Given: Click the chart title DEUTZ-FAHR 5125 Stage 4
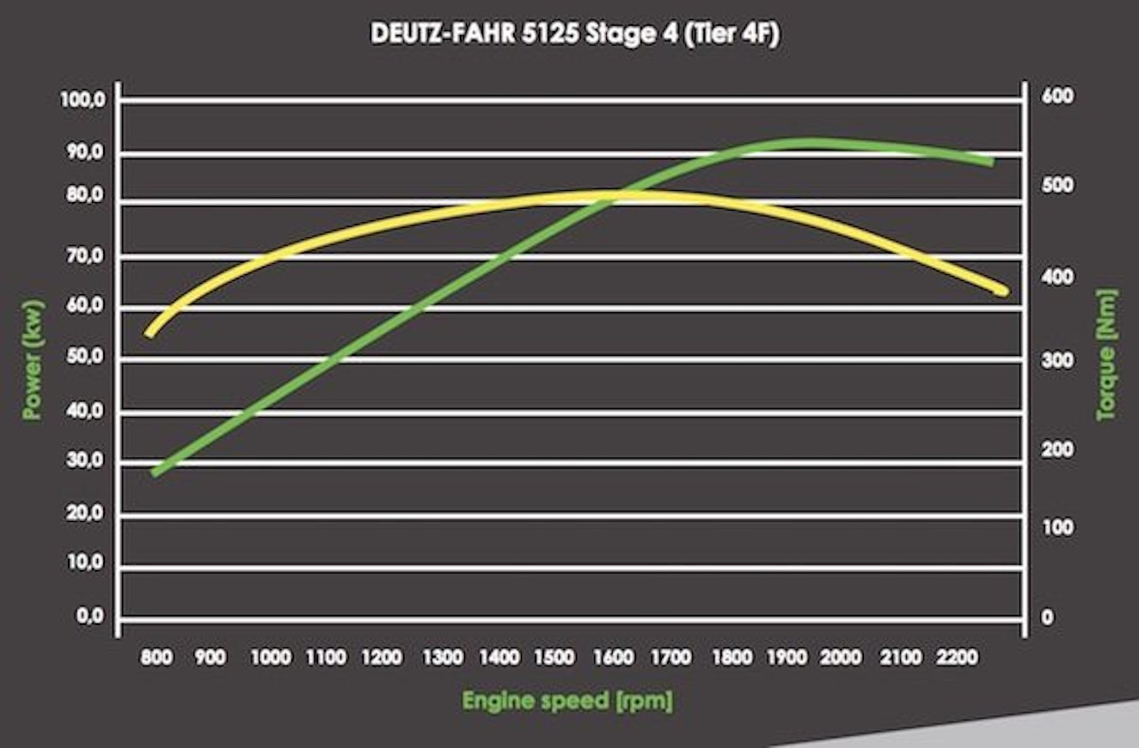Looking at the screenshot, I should click(x=575, y=35).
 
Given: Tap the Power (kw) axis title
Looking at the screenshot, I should click(x=34, y=359).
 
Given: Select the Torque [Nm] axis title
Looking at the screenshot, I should click(x=1106, y=354).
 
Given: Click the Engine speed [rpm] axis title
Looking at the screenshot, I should click(x=567, y=700).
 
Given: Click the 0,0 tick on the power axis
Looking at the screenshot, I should click(x=89, y=618).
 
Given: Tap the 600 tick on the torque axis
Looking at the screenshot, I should click(x=1059, y=96).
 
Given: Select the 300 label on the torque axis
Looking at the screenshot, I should click(x=1059, y=361).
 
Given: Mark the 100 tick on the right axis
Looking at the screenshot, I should click(x=1059, y=528).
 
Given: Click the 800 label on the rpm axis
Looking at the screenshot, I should click(x=156, y=658).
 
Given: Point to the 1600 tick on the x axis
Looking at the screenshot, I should click(x=614, y=658).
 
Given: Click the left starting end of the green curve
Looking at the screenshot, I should click(x=156, y=472).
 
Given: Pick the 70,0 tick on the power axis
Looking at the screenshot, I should click(x=83, y=255).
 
